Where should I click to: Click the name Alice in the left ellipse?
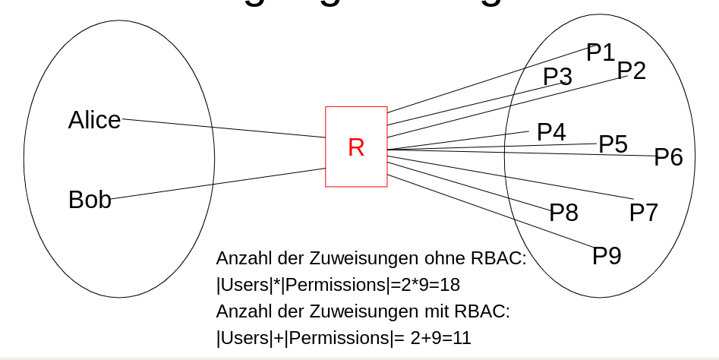pyautogui.click(x=94, y=120)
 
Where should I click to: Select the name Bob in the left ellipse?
pyautogui.click(x=90, y=200)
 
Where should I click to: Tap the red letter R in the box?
pyautogui.click(x=356, y=147)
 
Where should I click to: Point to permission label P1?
pyautogui.click(x=601, y=52)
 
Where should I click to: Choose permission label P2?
pyautogui.click(x=631, y=71)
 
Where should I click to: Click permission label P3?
pyautogui.click(x=557, y=77)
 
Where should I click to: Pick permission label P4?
pyautogui.click(x=551, y=132)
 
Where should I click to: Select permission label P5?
pyautogui.click(x=613, y=144)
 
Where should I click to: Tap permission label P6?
pyautogui.click(x=668, y=157)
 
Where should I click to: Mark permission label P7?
pyautogui.click(x=643, y=213)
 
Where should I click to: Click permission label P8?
pyautogui.click(x=563, y=213)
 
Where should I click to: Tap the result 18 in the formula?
pyautogui.click(x=449, y=285)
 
